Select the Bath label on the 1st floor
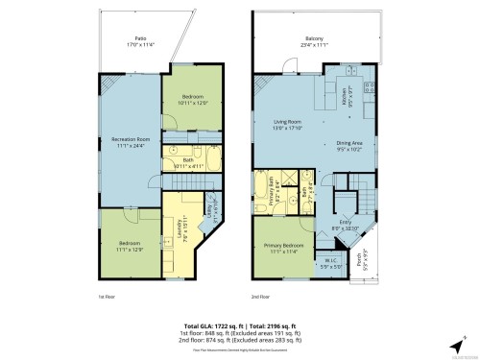(188, 162)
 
